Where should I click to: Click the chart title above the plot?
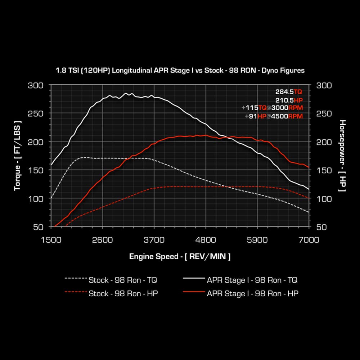tap(180, 71)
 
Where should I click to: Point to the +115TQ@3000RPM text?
tap(272, 108)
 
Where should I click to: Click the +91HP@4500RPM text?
tap(274, 116)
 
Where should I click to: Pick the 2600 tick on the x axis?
tap(103, 240)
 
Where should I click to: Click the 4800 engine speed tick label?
tap(206, 240)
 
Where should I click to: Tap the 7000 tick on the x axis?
tap(309, 240)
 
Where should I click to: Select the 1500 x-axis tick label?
tap(51, 240)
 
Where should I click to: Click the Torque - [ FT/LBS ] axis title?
tap(17, 156)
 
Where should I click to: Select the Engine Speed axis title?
tap(180, 256)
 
